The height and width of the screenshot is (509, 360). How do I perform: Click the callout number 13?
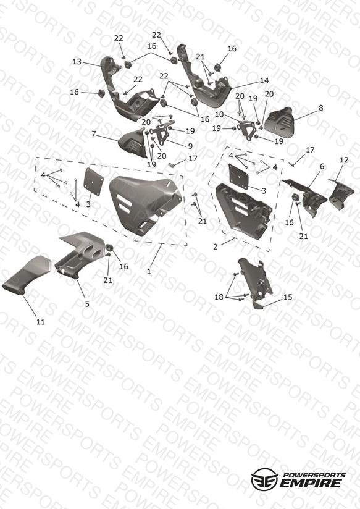tap(77, 61)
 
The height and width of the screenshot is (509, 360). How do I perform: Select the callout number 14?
tap(264, 80)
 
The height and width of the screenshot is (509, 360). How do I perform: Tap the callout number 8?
tap(320, 107)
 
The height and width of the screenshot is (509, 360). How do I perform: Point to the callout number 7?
tap(94, 134)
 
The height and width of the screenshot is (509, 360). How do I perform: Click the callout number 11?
tap(40, 322)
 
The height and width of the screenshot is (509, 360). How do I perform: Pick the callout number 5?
tap(87, 304)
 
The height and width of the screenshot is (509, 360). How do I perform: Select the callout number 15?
tap(288, 297)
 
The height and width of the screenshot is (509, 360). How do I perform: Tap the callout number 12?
tap(344, 160)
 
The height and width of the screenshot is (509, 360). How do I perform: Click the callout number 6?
tap(322, 167)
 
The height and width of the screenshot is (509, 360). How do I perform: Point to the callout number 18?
tap(219, 297)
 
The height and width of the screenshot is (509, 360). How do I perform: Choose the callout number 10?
tap(219, 115)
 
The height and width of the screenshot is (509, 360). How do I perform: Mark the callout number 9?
tap(190, 146)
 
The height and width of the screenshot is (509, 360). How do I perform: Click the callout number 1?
tap(149, 271)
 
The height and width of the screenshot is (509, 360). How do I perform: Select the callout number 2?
tap(216, 246)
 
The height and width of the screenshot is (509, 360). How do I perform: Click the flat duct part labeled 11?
tap(27, 276)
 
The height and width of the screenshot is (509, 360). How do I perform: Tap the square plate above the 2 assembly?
tap(238, 177)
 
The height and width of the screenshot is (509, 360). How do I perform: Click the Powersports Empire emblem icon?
tap(264, 479)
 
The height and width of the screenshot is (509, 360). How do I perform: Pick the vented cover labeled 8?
tap(278, 120)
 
